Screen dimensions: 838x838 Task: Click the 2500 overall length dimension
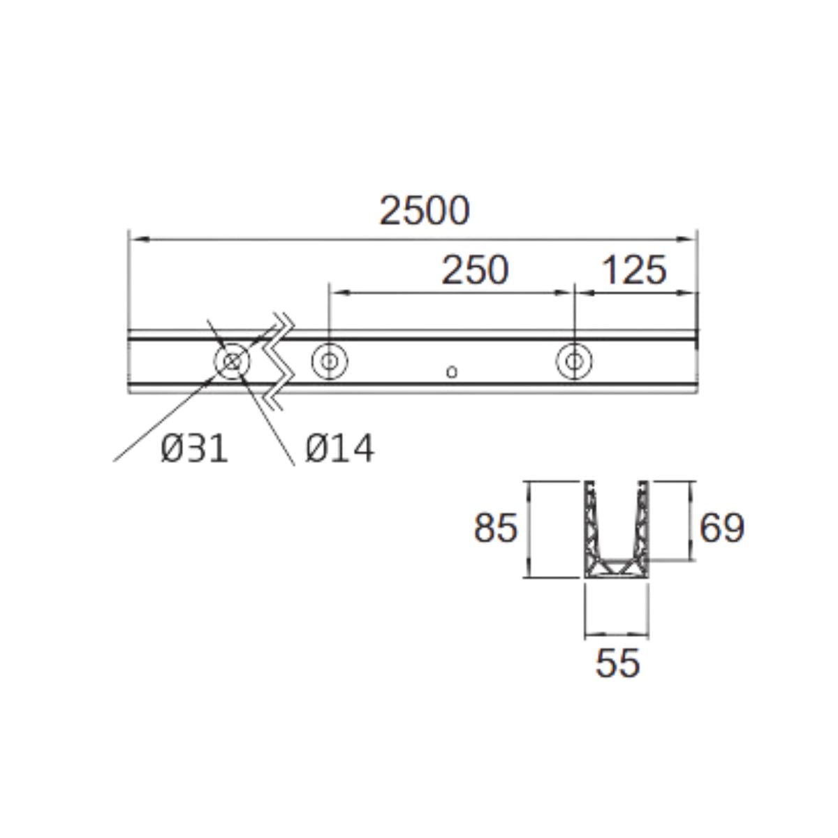(x=425, y=211)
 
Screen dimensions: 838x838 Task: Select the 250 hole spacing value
(x=475, y=270)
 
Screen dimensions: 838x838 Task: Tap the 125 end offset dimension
(x=635, y=270)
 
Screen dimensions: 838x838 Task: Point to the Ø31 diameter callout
(x=194, y=448)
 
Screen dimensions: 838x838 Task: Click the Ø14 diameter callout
(x=339, y=448)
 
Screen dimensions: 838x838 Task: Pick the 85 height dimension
(x=496, y=528)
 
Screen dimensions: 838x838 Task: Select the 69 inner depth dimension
(x=722, y=528)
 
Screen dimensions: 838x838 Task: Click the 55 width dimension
(x=617, y=663)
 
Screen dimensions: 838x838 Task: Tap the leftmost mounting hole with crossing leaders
(x=233, y=361)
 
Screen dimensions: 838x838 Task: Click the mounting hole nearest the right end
(x=574, y=361)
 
